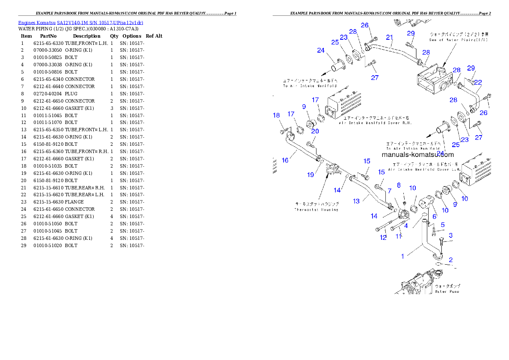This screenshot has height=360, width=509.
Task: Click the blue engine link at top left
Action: pyautogui.click(x=80, y=23)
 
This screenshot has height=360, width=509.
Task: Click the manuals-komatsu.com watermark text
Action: pyautogui.click(x=417, y=155)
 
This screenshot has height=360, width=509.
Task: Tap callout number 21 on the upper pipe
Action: pyautogui.click(x=389, y=38)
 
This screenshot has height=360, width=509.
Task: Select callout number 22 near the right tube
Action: pyautogui.click(x=478, y=82)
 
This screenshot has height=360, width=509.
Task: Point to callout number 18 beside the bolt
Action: pyautogui.click(x=277, y=115)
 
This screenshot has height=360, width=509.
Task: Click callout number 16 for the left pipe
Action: pyautogui.click(x=285, y=160)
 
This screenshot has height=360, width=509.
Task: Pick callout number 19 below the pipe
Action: pyautogui.click(x=311, y=174)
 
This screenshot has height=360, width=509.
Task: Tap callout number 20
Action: pyautogui.click(x=315, y=131)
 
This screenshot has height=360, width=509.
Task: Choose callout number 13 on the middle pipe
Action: pyautogui.click(x=356, y=201)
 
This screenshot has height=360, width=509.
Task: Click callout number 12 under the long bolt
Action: pyautogui.click(x=383, y=237)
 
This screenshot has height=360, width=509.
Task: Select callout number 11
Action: pyautogui.click(x=399, y=236)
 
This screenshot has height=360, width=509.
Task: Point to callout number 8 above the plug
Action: pyautogui.click(x=399, y=185)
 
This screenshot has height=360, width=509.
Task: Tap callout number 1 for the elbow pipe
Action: pyautogui.click(x=402, y=256)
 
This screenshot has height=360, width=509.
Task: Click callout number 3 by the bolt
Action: pyautogui.click(x=450, y=236)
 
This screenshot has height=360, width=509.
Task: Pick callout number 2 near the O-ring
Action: pyautogui.click(x=450, y=260)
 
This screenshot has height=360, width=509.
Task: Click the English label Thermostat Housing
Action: pyautogui.click(x=316, y=210)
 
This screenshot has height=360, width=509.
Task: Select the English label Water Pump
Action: pyautogui.click(x=447, y=292)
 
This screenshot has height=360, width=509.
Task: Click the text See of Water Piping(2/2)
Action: pyautogui.click(x=459, y=40)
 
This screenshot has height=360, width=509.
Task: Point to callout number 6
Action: pyautogui.click(x=434, y=217)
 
